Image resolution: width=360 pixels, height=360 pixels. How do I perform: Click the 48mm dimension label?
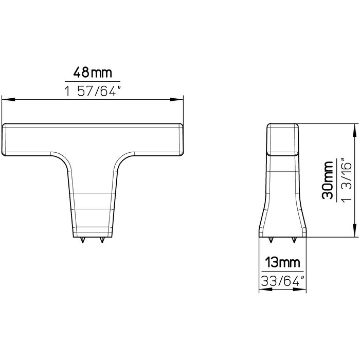93,71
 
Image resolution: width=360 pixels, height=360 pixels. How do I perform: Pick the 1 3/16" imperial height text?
346,180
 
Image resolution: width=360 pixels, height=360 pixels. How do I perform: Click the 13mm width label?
281,263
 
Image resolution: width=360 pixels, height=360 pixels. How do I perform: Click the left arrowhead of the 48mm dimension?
5,99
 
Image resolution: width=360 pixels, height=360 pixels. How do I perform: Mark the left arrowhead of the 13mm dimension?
261,290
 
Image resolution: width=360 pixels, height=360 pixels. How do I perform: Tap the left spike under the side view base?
271,239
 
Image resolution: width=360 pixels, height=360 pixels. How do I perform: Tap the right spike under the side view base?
294,239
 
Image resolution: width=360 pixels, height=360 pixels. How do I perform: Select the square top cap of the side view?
282,139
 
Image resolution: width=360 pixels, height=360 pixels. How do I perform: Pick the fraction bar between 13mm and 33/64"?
281,272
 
